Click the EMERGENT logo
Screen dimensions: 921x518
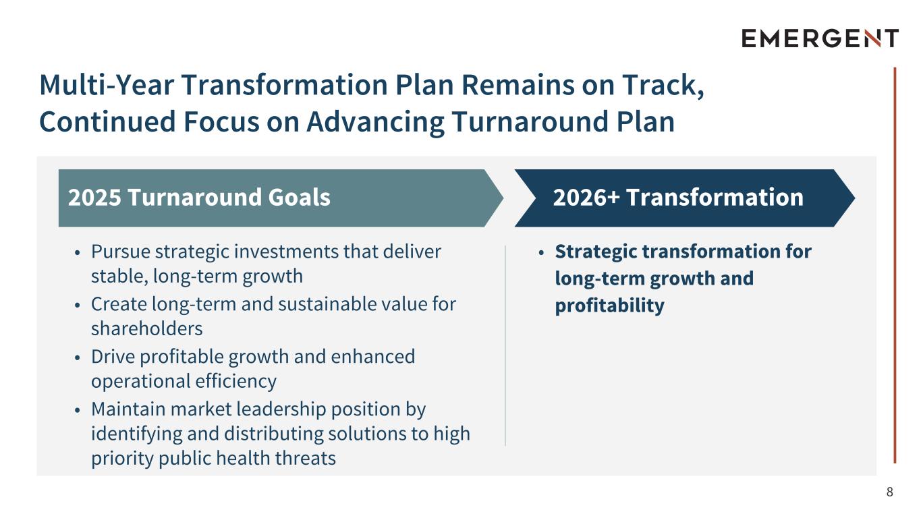click(x=820, y=38)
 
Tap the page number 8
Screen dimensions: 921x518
click(x=890, y=492)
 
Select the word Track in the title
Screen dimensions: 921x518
click(x=663, y=85)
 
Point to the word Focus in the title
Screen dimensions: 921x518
click(x=221, y=121)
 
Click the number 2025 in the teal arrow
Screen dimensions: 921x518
click(x=94, y=198)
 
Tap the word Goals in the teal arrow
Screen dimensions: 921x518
click(x=300, y=198)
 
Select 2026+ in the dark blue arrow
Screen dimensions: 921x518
click(x=586, y=198)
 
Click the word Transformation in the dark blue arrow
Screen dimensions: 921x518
click(x=715, y=198)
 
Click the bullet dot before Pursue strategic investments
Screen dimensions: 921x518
click(x=78, y=253)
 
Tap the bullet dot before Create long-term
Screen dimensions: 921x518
click(x=78, y=306)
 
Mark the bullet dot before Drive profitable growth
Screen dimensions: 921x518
click(x=78, y=357)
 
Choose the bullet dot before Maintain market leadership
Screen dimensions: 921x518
click(x=78, y=410)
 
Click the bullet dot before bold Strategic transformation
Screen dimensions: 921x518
click(x=541, y=253)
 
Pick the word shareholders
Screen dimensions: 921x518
click(x=147, y=328)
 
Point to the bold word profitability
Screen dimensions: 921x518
click(x=610, y=306)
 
